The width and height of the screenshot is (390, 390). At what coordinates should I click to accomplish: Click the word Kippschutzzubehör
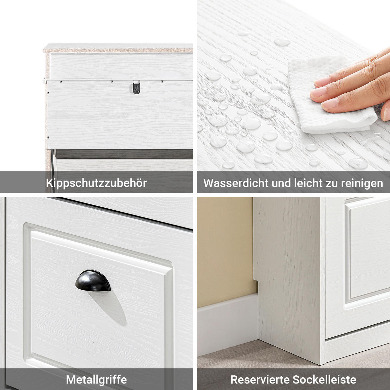96,183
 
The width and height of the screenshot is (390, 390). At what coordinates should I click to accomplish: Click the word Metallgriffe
96,380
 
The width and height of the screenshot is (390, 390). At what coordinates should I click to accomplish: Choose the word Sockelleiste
325,380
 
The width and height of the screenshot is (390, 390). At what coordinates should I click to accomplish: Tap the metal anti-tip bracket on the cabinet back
136,88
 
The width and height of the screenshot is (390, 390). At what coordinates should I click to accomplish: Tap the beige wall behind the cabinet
224,247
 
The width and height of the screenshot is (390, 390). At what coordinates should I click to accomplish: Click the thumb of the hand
386,112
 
